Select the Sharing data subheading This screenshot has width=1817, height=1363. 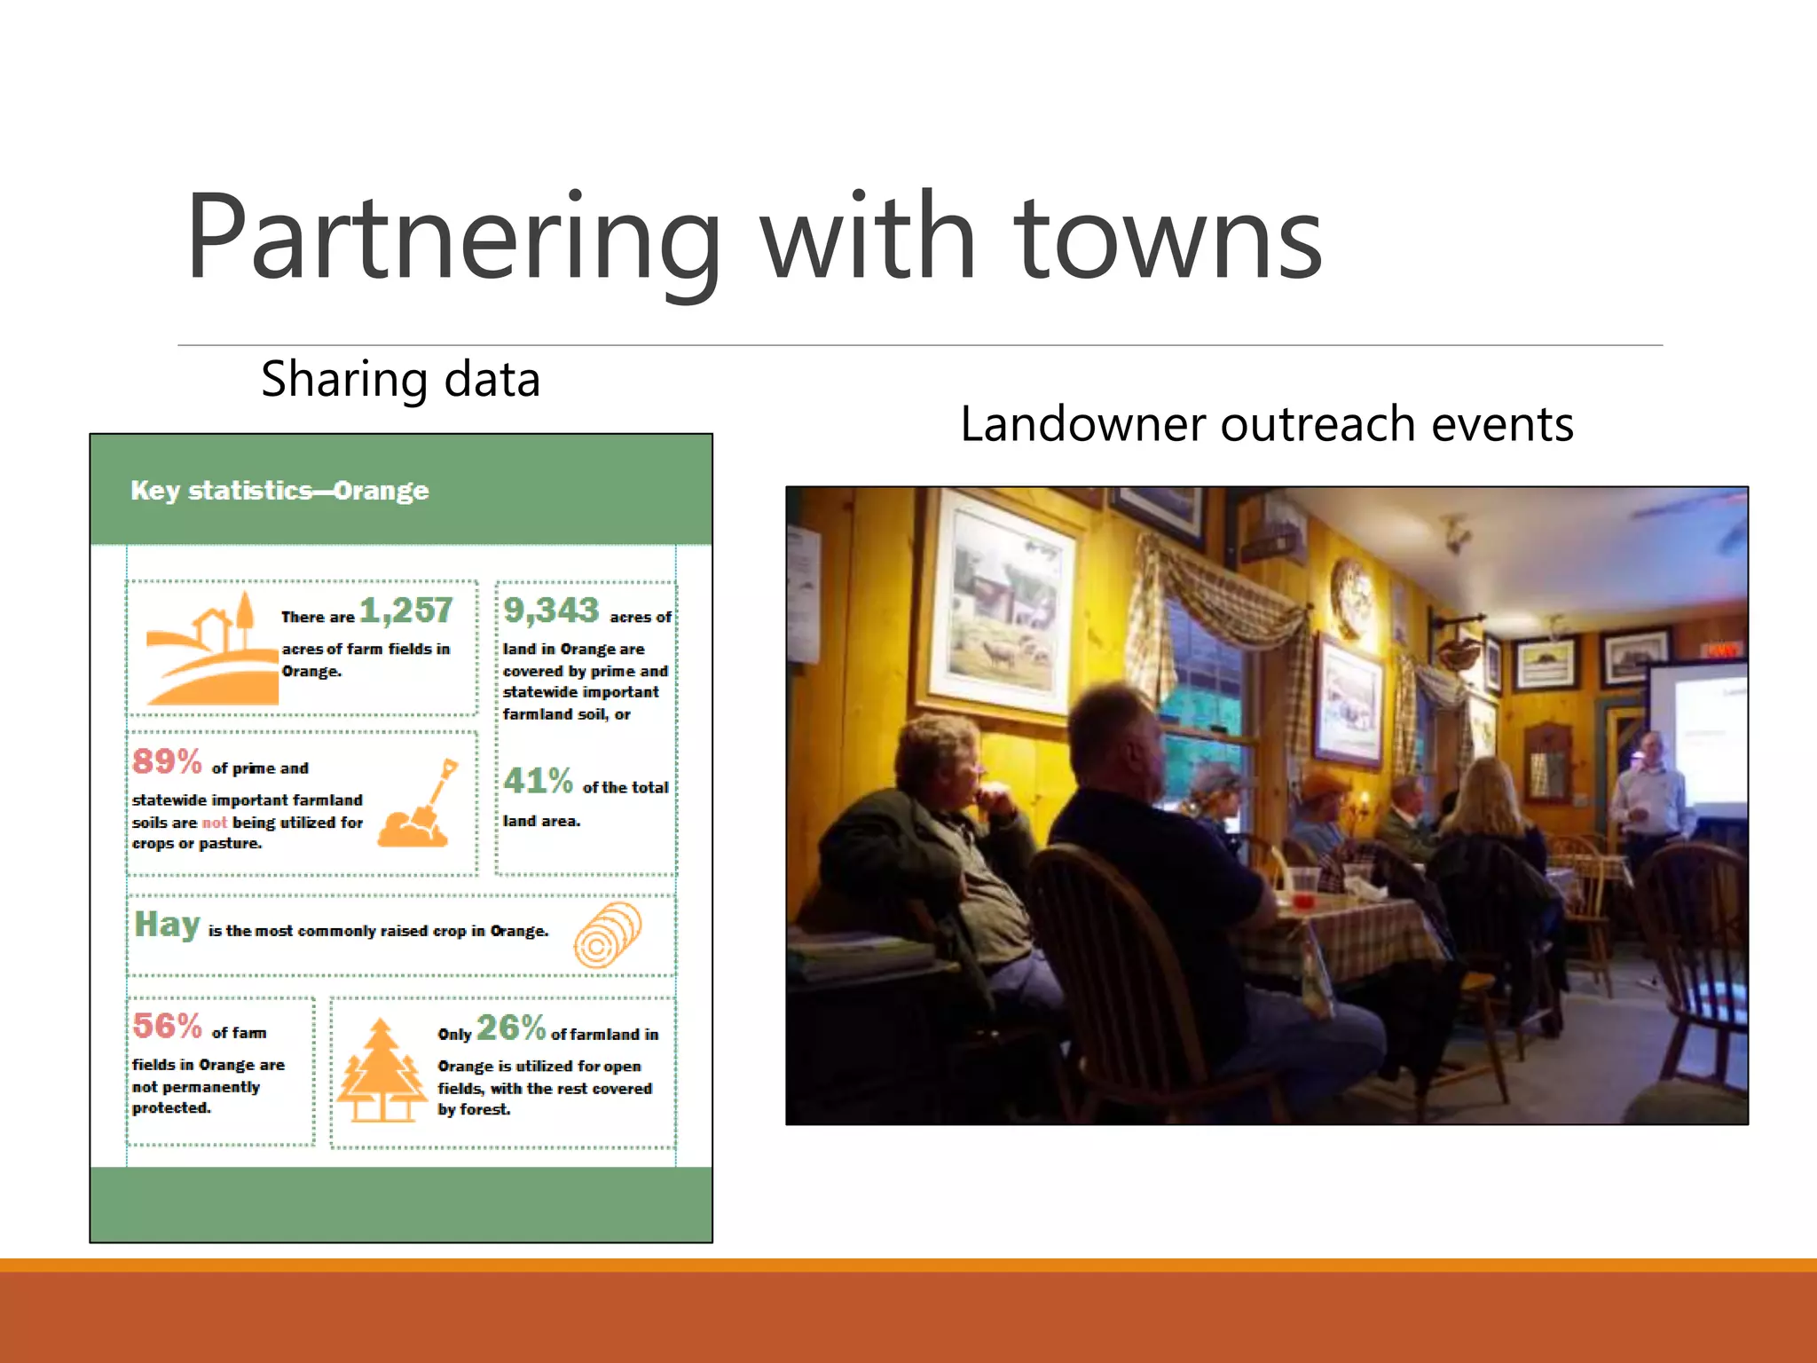[400, 380]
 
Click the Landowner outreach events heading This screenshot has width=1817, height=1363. [1266, 424]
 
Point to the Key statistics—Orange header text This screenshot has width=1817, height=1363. [279, 491]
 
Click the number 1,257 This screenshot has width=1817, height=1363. [405, 611]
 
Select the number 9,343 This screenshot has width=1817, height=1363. [551, 611]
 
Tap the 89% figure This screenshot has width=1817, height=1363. [167, 761]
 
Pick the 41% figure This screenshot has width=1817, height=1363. [538, 781]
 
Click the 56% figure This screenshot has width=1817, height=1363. [167, 1026]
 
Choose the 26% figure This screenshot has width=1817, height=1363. [510, 1028]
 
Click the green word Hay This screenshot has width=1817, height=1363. [167, 925]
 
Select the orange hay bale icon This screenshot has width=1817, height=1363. [607, 935]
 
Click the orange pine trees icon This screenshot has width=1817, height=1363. [381, 1072]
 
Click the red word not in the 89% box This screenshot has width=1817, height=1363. [215, 823]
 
